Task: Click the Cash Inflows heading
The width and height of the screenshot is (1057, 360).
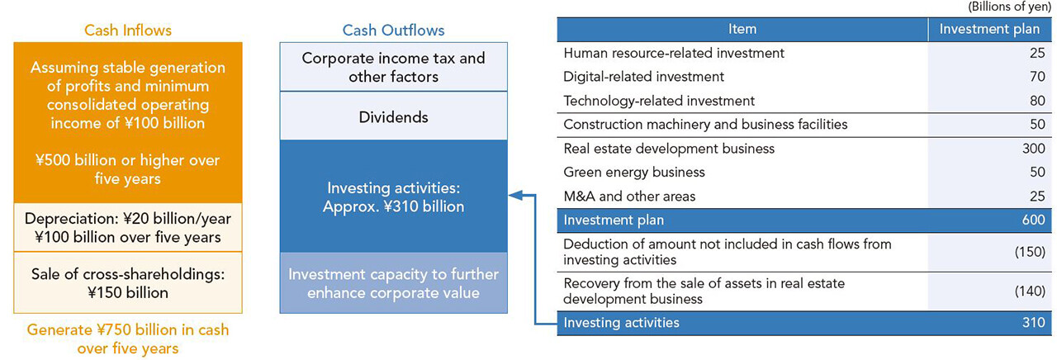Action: point(128,31)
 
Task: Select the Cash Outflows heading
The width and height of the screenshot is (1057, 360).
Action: point(394,31)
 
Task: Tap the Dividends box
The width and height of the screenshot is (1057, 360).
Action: point(394,116)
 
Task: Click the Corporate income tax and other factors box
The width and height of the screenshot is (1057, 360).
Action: point(394,67)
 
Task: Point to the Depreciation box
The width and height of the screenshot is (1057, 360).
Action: point(128,227)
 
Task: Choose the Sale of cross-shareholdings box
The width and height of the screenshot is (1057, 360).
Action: point(128,282)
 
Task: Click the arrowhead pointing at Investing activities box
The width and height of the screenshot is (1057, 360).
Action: point(516,195)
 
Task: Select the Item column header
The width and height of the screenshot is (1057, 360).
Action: point(742,29)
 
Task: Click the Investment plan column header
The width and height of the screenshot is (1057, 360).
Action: point(989,29)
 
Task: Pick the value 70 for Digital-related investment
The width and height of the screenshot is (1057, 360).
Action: point(1037,77)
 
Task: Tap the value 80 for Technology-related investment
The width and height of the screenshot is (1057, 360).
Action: point(1037,101)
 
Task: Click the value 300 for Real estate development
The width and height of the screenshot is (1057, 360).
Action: point(1033,148)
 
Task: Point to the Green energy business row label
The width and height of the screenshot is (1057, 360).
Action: point(634,173)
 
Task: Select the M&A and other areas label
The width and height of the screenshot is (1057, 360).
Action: point(629,197)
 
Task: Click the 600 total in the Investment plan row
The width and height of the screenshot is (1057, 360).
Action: point(1033,220)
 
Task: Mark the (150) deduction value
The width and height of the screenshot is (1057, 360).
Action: point(1030,252)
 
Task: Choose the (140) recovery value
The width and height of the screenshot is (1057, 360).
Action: point(1030,291)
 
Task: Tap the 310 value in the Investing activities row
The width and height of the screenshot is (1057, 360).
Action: point(1033,323)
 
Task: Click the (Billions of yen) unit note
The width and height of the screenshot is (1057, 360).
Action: point(1010,7)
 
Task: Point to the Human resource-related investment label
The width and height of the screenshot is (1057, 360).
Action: point(674,53)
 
